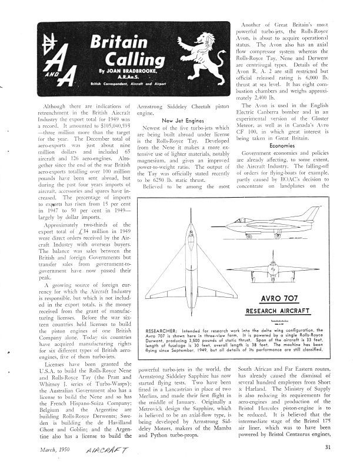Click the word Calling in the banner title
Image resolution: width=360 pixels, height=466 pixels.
pyautogui.click(x=124, y=59)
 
